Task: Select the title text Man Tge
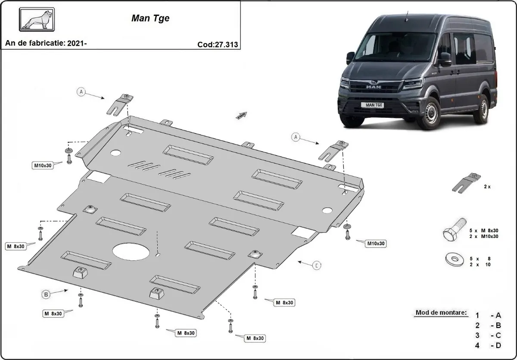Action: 150,19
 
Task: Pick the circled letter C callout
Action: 316,266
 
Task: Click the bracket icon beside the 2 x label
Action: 467,183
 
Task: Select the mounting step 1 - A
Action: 488,315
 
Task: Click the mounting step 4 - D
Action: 488,345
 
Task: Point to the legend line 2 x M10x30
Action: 484,236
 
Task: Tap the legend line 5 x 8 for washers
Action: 480,259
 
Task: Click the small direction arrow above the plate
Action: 241,115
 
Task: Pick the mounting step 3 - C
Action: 488,335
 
